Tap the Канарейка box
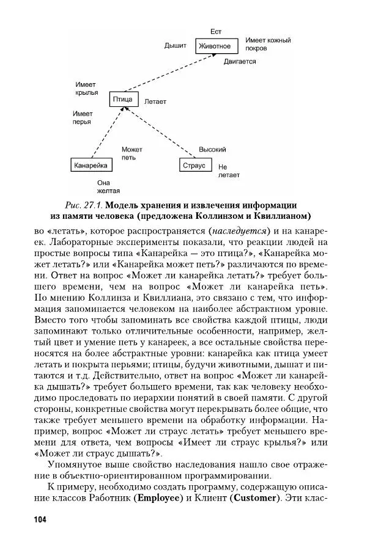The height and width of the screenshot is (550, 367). pyautogui.click(x=91, y=165)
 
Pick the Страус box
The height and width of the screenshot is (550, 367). pyautogui.click(x=194, y=165)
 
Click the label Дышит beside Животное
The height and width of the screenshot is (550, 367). pyautogui.click(x=175, y=46)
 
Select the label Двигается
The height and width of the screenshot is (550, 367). pyautogui.click(x=239, y=62)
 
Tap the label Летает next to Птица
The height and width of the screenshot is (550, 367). pyautogui.click(x=155, y=101)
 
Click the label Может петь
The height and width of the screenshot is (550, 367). pyautogui.click(x=131, y=153)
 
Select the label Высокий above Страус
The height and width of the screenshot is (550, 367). pyautogui.click(x=212, y=150)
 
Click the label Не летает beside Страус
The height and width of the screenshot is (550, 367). pyautogui.click(x=228, y=170)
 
